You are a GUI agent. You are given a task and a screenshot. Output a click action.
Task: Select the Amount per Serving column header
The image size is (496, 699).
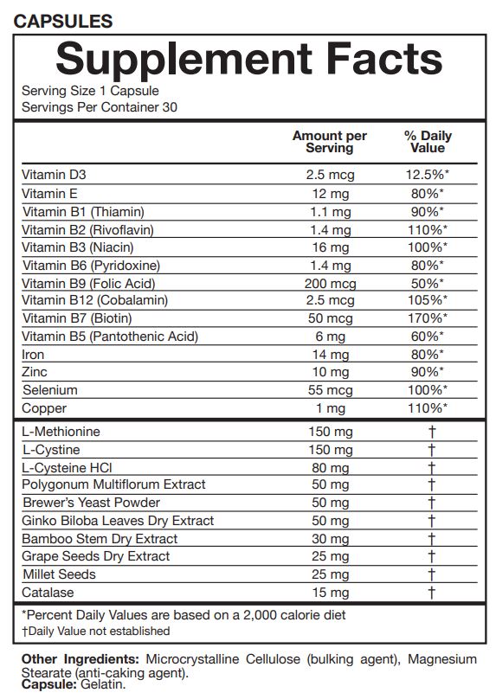point(329,142)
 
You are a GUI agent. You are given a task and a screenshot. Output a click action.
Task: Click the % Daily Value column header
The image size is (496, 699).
point(428,142)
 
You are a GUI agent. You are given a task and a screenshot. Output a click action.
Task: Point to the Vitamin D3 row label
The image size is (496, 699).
point(54,175)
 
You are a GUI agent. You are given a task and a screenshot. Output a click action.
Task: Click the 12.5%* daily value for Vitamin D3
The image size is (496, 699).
point(428,175)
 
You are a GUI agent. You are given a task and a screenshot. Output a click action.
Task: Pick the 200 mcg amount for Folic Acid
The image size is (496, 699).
point(329,283)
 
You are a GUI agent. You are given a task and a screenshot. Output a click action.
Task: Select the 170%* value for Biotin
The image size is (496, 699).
point(428,318)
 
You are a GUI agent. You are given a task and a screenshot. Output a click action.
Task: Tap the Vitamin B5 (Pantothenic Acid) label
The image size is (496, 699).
point(110,337)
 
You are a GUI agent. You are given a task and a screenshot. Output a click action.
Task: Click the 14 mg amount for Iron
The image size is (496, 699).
point(329,355)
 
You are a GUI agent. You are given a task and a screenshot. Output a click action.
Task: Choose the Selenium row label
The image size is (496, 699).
point(49,390)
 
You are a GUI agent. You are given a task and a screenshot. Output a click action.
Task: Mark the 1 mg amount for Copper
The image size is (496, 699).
point(329,408)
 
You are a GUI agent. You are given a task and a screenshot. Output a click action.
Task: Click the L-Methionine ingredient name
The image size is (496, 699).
point(61,432)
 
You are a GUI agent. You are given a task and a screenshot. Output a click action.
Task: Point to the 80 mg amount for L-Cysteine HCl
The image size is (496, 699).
point(329,467)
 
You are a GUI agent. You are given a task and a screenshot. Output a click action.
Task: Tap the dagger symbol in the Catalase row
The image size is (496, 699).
point(430,593)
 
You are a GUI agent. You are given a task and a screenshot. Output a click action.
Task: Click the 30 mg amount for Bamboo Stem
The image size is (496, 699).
point(329,538)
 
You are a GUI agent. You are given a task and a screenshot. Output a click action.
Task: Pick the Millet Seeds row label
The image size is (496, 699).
point(59,574)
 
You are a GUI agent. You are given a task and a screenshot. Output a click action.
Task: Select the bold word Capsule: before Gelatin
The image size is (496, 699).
point(48,684)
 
